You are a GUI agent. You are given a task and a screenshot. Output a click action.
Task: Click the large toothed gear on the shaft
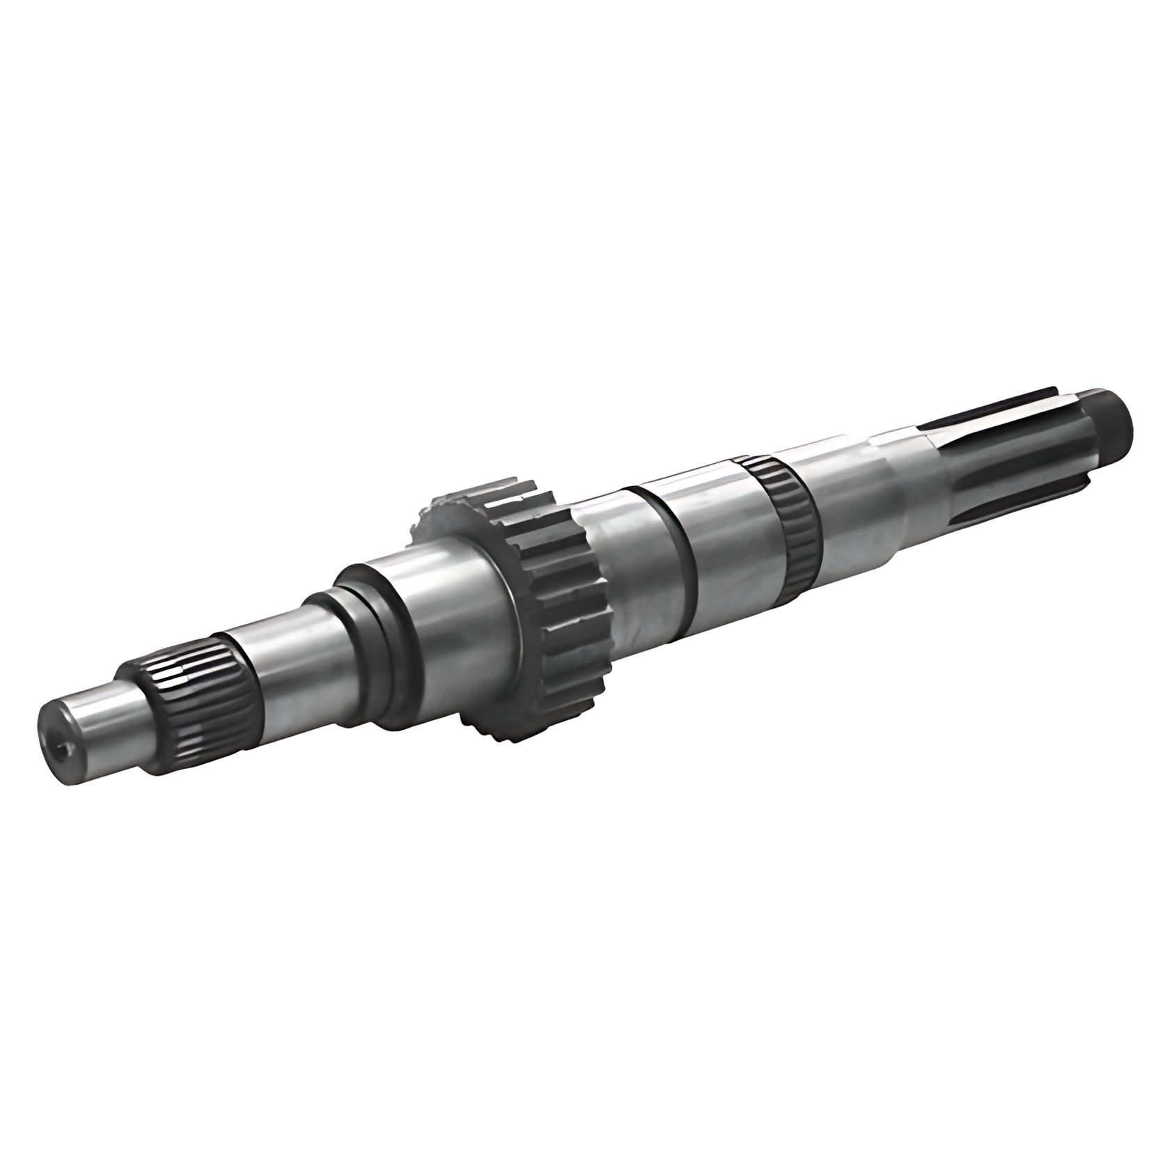(x=557, y=613)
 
